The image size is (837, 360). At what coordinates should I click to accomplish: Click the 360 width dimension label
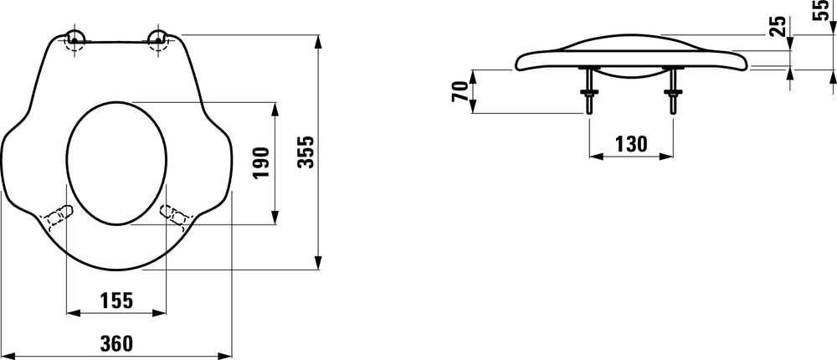click(116, 343)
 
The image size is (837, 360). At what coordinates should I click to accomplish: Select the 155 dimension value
click(116, 301)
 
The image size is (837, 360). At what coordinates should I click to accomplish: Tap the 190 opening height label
click(261, 163)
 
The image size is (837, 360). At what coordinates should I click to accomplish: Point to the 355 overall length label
click(306, 152)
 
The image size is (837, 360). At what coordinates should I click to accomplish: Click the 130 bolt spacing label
click(631, 144)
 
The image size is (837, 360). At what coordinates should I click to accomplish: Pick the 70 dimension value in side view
click(460, 91)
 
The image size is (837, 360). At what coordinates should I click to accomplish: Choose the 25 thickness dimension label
click(778, 26)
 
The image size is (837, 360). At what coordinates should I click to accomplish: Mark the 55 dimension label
click(821, 10)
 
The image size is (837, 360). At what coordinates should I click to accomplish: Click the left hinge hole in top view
click(74, 39)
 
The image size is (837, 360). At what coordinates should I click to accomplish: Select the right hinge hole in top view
click(157, 39)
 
